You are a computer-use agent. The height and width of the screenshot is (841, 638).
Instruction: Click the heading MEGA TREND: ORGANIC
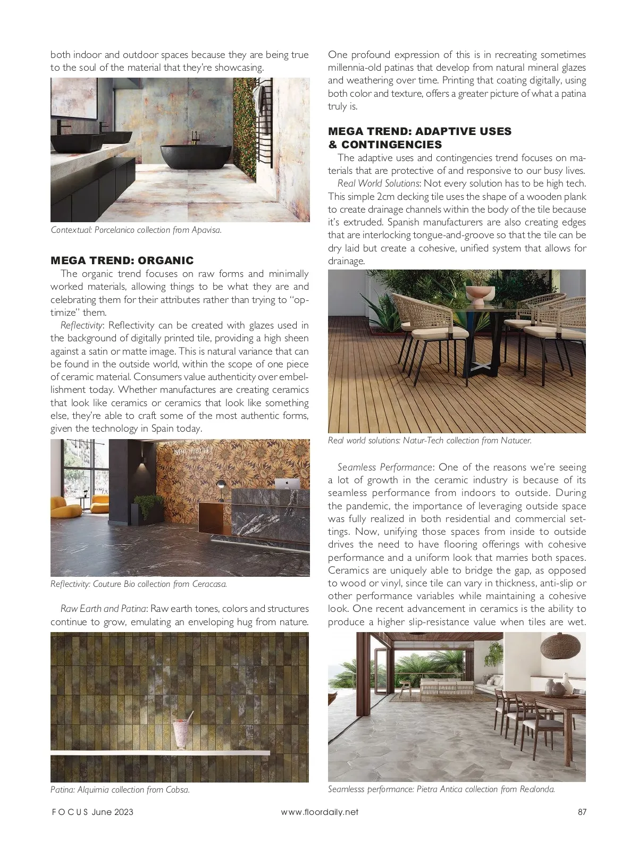pyautogui.click(x=122, y=260)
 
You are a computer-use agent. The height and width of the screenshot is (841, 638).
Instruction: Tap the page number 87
pyautogui.click(x=581, y=812)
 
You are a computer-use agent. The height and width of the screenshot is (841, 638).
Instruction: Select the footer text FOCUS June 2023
pyautogui.click(x=91, y=812)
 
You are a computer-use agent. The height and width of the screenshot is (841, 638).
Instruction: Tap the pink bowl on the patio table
pyautogui.click(x=476, y=296)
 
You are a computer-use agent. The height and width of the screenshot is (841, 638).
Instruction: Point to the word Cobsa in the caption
pyautogui.click(x=178, y=789)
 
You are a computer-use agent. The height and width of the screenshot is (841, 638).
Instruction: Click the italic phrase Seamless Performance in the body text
pyautogui.click(x=385, y=467)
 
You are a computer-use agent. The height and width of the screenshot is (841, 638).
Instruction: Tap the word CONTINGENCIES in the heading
pyautogui.click(x=391, y=145)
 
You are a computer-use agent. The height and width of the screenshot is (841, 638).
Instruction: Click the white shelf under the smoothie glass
pyautogui.click(x=159, y=753)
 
